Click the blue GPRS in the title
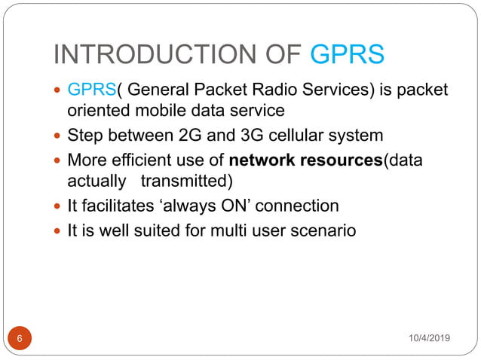tap(348, 55)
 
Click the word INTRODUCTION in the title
tap(153, 55)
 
